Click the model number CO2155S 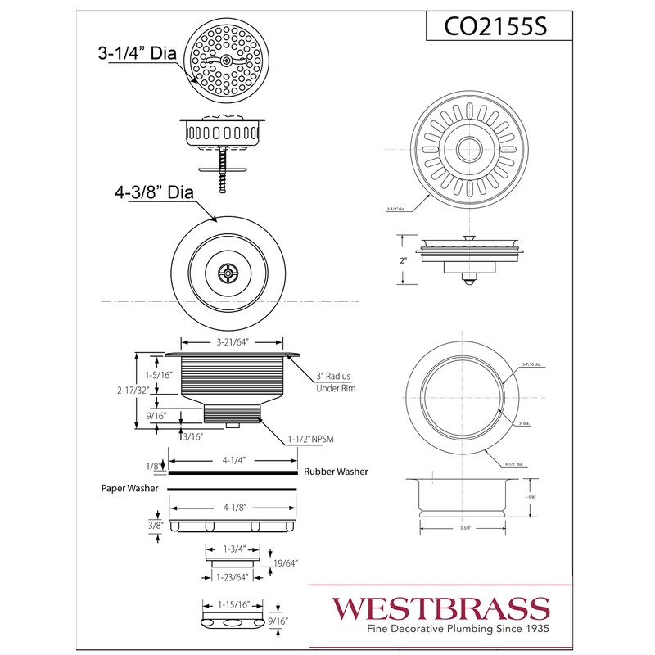(495, 27)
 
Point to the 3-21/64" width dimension (232, 342)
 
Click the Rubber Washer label (336, 472)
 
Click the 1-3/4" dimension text (232, 548)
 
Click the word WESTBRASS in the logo (440, 608)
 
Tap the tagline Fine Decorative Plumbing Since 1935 (440, 629)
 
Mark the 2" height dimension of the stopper (404, 260)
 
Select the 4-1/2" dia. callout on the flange (513, 464)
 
